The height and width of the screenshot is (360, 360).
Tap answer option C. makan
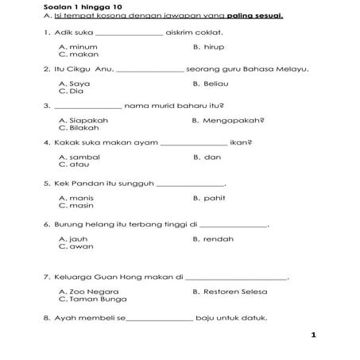point(78,55)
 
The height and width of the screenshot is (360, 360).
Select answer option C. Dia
point(72,91)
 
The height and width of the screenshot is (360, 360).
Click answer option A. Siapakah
point(83,120)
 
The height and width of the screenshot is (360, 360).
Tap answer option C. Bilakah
point(79,127)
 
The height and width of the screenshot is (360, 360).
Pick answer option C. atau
point(73,165)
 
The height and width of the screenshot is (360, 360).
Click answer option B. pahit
point(208,197)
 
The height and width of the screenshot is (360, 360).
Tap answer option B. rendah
point(212,238)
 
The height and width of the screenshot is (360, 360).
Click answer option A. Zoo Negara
point(88,292)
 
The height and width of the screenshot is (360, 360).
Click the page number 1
point(314,335)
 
